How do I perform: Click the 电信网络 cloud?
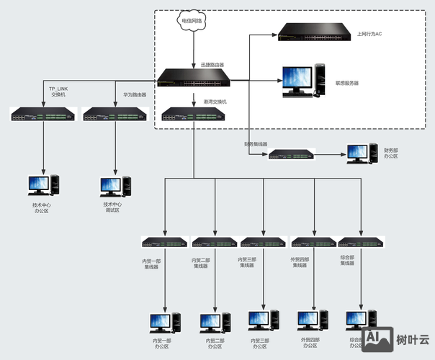192,22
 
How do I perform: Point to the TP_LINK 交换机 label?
58,91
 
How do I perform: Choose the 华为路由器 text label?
133,94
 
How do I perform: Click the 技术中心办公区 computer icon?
42,185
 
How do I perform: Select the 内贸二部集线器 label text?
201,263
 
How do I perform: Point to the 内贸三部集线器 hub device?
263,243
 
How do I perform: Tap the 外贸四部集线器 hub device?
313,243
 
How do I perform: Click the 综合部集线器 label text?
348,260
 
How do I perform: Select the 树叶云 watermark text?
413,338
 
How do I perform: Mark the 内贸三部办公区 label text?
260,343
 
